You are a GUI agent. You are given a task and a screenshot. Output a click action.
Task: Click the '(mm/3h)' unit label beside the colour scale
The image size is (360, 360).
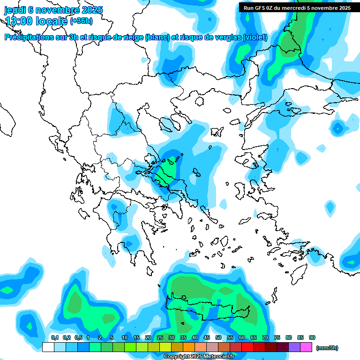327,348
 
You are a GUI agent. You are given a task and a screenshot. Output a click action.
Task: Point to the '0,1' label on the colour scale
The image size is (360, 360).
54,337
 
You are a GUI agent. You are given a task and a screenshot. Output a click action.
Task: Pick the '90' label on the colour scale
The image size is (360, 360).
312,337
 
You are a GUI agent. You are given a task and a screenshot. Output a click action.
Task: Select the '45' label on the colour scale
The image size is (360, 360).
207,337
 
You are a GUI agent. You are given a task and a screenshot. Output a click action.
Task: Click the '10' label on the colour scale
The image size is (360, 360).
125,337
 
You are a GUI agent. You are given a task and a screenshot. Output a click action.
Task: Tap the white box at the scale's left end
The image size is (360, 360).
48,347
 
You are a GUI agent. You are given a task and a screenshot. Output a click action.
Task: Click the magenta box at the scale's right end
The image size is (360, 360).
307,347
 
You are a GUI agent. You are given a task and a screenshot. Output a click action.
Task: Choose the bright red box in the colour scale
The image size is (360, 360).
247,347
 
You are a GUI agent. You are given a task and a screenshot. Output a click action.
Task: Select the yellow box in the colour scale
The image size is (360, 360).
165,347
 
